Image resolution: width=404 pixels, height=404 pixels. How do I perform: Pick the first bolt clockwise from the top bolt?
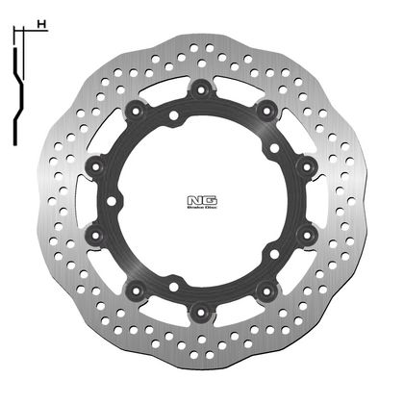click(x=266, y=111)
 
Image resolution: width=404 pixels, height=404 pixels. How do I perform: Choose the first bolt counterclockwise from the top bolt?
click(x=135, y=111)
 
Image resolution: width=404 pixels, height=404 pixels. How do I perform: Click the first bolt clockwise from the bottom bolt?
click(x=135, y=289)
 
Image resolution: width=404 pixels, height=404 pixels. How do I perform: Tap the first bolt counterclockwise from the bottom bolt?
click(x=266, y=289)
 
